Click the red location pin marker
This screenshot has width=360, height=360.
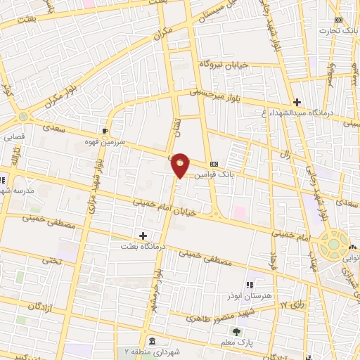click(181, 165)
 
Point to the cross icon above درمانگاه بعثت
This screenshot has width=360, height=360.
click(143, 236)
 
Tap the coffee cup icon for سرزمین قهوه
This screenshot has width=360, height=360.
click(105, 131)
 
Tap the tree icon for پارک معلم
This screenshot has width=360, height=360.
click(236, 331)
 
